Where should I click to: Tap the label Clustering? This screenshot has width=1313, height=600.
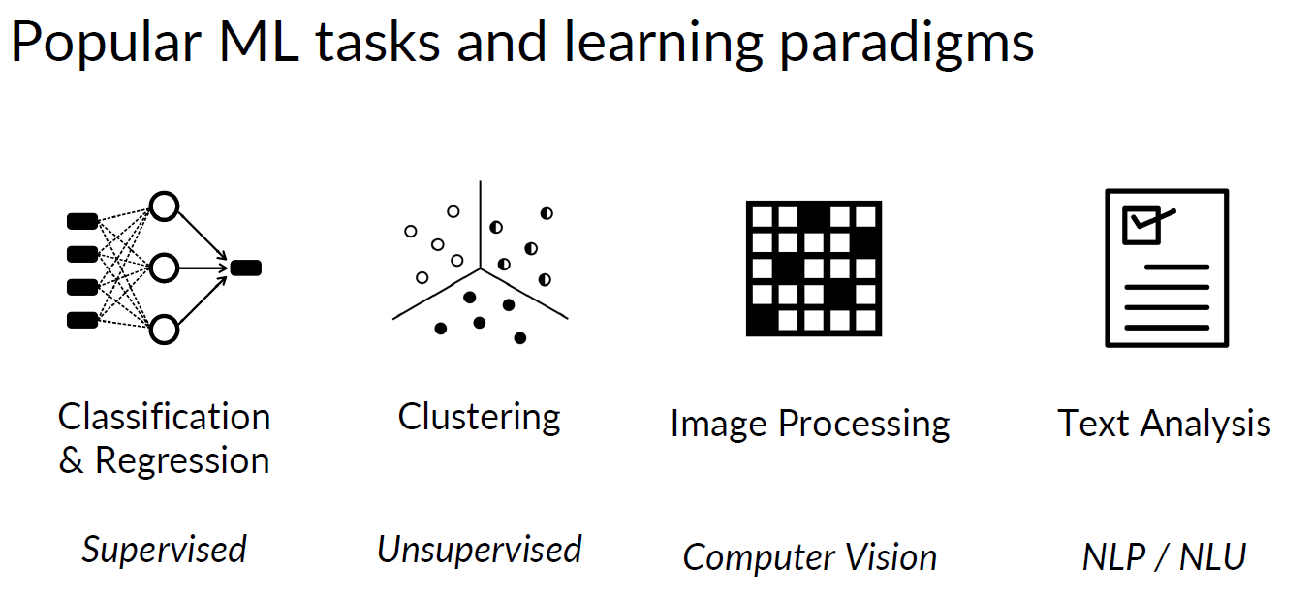[x=479, y=417]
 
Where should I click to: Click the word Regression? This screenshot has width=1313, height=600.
[x=182, y=460]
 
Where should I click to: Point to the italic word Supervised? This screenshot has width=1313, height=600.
[x=164, y=550]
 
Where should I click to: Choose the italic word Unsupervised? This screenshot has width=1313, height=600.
[x=479, y=550]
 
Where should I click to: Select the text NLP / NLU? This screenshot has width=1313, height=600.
[x=1163, y=556]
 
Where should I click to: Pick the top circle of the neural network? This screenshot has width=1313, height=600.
[x=164, y=206]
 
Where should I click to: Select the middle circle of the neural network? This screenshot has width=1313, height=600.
[x=164, y=268]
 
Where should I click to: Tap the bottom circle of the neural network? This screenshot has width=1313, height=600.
[x=164, y=330]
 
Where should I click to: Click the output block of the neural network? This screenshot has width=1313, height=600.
[x=246, y=268]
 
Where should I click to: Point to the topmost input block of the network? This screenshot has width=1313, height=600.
[x=81, y=222]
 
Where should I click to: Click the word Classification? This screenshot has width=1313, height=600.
[x=164, y=417]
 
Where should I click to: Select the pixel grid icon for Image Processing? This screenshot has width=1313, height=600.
[x=813, y=268]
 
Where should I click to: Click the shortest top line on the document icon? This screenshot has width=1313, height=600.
[x=1176, y=267]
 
